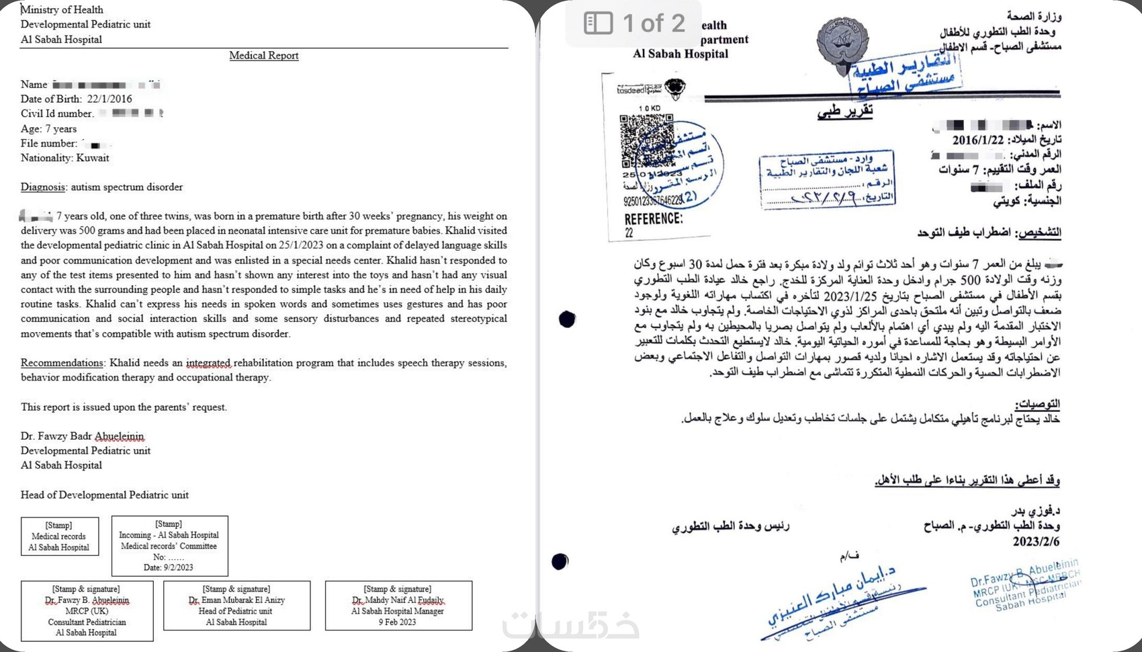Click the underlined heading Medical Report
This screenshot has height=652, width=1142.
[x=263, y=56]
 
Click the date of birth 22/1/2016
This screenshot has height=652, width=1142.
[x=109, y=99]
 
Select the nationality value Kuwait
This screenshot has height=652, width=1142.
[x=92, y=158]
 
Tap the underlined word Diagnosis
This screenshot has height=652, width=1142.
[x=43, y=187]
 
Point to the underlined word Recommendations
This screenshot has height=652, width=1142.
[x=62, y=363]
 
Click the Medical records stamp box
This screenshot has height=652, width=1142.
[x=59, y=536]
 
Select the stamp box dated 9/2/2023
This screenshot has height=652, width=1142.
[x=169, y=545]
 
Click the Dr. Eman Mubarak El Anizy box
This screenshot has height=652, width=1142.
[x=236, y=606]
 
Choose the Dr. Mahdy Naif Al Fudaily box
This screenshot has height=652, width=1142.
[x=398, y=606]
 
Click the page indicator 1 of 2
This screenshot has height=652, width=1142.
[x=653, y=24]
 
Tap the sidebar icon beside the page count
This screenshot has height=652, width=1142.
[x=598, y=24]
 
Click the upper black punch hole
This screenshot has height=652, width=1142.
[x=567, y=319]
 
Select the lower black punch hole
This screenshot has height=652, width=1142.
[x=560, y=561]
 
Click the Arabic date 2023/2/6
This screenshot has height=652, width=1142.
[x=1036, y=542]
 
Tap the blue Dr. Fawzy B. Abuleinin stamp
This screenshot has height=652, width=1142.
[x=1025, y=584]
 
